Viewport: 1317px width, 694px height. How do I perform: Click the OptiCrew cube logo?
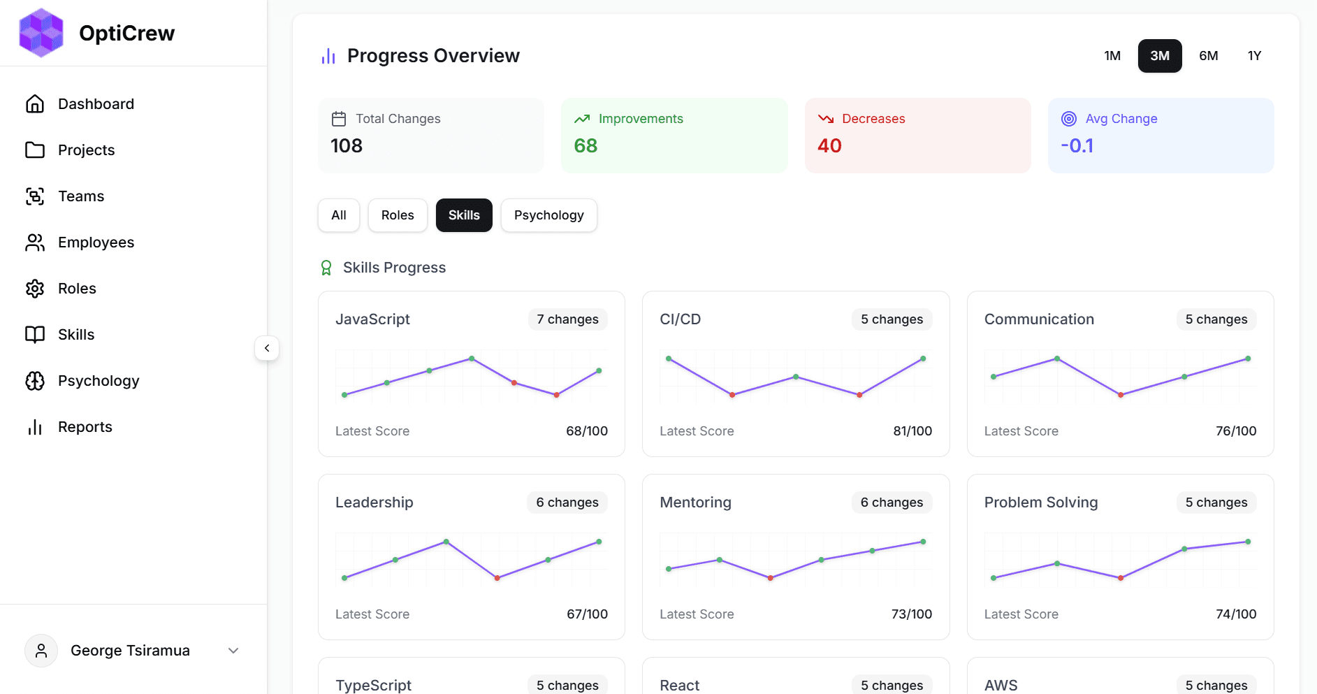coord(41,33)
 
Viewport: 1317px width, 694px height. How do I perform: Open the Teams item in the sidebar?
coord(81,196)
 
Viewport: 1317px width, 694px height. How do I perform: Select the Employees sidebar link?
coord(96,243)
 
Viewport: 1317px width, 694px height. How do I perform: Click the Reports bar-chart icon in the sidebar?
coord(35,427)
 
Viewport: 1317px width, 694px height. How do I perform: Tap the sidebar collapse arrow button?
coord(267,348)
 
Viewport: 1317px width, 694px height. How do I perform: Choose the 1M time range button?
coord(1112,56)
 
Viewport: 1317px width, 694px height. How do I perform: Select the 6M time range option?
coord(1208,56)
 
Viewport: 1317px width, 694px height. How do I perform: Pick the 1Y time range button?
coord(1254,56)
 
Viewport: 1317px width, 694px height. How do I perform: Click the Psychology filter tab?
coord(548,215)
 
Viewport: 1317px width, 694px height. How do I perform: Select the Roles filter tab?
coord(398,215)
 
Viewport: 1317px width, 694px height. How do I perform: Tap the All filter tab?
coord(339,215)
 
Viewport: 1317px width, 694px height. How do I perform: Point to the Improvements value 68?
coord(585,145)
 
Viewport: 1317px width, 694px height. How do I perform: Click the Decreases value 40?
coord(829,145)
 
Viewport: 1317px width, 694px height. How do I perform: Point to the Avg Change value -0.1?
coord(1077,145)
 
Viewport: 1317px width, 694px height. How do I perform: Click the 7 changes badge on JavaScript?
coord(567,319)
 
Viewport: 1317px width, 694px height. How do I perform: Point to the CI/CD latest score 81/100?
coord(912,431)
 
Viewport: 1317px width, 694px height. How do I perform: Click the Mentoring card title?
coord(695,503)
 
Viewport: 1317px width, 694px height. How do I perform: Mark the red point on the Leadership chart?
coord(497,578)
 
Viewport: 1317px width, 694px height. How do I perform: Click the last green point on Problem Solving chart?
coord(1248,542)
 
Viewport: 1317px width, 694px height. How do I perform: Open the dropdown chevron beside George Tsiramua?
coord(233,651)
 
